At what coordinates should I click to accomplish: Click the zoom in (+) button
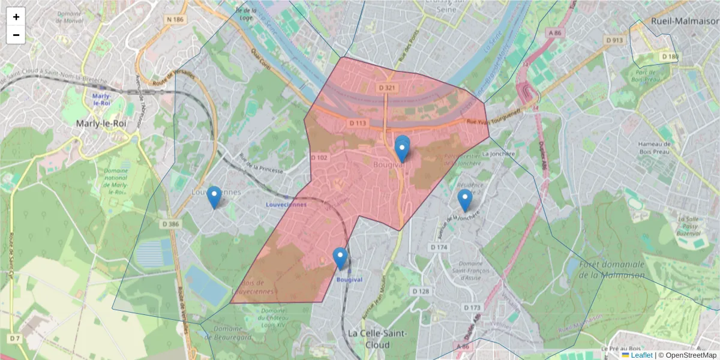point(16,17)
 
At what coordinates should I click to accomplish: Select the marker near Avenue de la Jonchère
point(464,200)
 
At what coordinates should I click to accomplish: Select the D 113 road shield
point(358,123)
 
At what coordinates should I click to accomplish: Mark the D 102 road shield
point(319,158)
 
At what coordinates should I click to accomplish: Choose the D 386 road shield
point(170,224)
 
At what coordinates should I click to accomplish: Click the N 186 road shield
point(175,20)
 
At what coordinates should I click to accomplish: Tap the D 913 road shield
point(614,40)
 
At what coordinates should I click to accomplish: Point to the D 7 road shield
point(15,339)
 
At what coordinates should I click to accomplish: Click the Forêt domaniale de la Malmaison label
point(612,269)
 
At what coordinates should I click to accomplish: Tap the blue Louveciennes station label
point(286,205)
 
